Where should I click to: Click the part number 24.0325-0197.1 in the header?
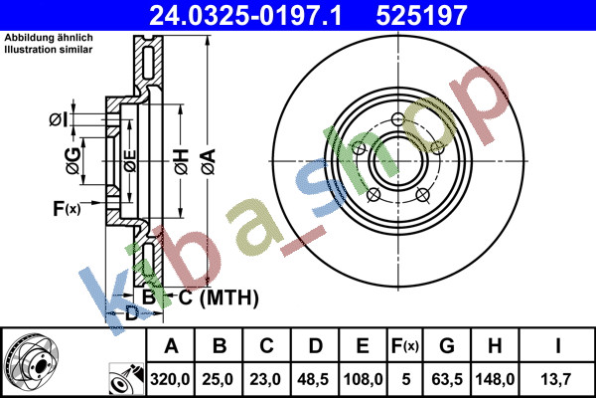coord(245,16)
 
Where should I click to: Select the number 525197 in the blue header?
coord(421,16)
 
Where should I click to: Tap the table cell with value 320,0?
coord(170,379)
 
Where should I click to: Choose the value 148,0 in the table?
coord(495,379)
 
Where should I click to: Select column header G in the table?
coord(447,346)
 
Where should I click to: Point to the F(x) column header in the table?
coord(405,346)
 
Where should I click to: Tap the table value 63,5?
coord(447,379)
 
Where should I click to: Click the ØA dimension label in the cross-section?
coord(209,162)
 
